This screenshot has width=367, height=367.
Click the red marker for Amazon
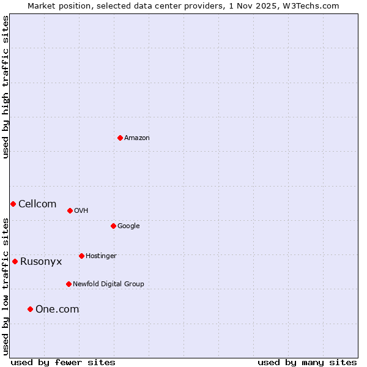120,138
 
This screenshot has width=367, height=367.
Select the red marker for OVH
70,210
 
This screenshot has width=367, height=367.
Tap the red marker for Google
113,226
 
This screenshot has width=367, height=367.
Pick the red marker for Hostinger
81,256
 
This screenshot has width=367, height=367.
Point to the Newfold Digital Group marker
69,284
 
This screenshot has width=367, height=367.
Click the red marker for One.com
30,309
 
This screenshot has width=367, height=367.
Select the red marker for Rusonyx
15,261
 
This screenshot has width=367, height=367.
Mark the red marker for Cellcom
13,204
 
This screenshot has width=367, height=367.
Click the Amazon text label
137,138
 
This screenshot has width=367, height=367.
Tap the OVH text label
81,211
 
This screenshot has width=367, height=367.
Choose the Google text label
128,226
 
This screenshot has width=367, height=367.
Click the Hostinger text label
101,256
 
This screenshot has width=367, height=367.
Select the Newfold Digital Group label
108,284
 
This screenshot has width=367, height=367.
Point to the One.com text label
57,310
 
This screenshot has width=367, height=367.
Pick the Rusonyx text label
41,262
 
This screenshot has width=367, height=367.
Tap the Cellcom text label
37,204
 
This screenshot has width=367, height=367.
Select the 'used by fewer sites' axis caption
63,362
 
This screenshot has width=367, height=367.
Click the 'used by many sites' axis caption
307,362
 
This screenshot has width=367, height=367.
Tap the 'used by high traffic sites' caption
6,87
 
